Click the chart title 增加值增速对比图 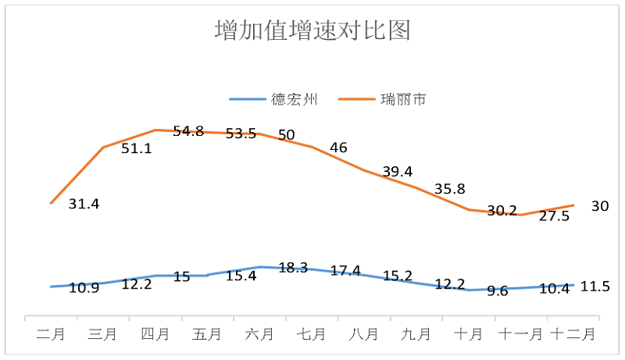[312, 30]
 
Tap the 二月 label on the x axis [52, 333]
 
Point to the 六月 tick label [259, 333]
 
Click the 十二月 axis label [573, 333]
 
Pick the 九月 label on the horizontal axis [416, 333]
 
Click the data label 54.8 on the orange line [188, 131]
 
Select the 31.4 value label [84, 204]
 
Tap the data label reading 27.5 [554, 216]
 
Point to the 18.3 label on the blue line [293, 268]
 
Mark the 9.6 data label [498, 290]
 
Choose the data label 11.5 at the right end [595, 287]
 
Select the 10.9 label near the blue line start [84, 287]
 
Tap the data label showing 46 [339, 148]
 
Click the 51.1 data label [137, 148]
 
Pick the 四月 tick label [155, 333]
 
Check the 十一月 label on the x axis [521, 333]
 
